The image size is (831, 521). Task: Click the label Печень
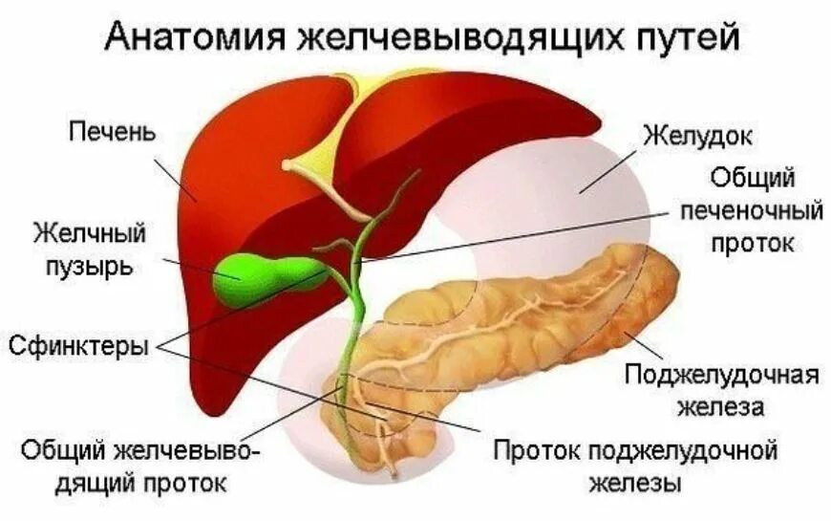112,129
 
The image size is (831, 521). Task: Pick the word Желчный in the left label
90,232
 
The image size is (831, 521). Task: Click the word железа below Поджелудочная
722,407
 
